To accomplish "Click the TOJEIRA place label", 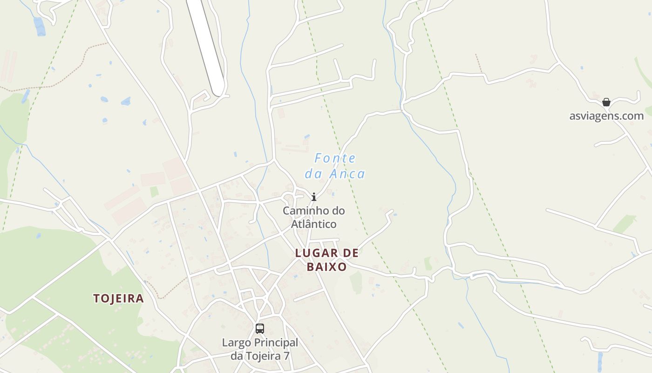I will [x=118, y=298].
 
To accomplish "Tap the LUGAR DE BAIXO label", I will [x=327, y=260].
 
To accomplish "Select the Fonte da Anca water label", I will [x=335, y=166].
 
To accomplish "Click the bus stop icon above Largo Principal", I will [x=260, y=329].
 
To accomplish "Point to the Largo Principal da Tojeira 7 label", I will [x=260, y=349].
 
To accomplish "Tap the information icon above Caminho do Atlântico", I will [x=314, y=197].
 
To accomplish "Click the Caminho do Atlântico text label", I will [x=314, y=217].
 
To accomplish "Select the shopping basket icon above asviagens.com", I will [x=606, y=103].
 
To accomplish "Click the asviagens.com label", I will [x=606, y=116].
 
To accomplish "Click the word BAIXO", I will [x=327, y=267].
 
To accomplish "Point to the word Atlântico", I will [x=314, y=224].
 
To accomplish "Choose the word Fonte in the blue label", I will [x=335, y=159].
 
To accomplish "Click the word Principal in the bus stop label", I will [x=277, y=343].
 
